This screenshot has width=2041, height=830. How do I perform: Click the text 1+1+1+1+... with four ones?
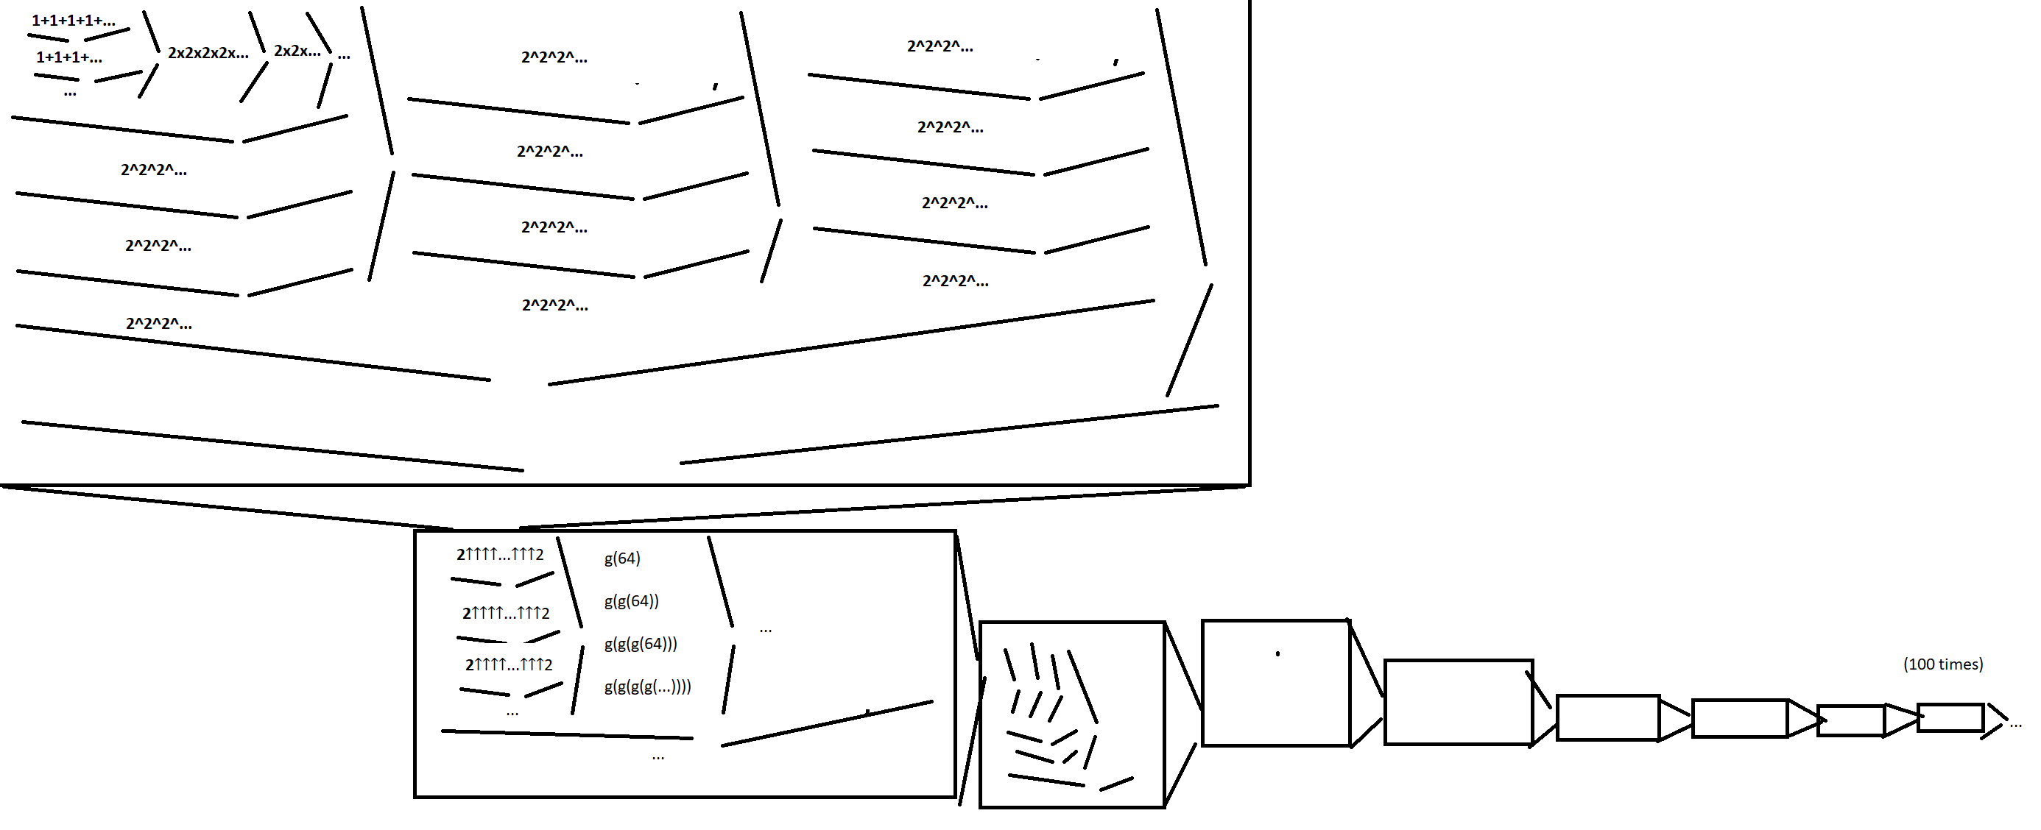[73, 21]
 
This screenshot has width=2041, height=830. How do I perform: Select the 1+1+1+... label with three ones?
[69, 57]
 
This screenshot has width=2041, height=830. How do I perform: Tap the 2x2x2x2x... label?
[208, 53]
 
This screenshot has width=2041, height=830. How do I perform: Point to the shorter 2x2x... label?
[297, 51]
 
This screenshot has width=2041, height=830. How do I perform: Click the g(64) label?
[622, 558]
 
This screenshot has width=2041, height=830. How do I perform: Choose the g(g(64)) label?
[632, 601]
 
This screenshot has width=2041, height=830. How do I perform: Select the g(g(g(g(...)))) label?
[647, 687]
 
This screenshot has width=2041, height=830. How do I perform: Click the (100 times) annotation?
[1943, 664]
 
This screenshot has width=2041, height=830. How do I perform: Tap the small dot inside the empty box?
[1277, 653]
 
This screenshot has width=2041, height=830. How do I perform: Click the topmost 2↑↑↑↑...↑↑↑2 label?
[500, 554]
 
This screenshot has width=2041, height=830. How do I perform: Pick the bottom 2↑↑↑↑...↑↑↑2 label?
[509, 664]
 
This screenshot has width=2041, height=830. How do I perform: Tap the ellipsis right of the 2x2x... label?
[344, 56]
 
